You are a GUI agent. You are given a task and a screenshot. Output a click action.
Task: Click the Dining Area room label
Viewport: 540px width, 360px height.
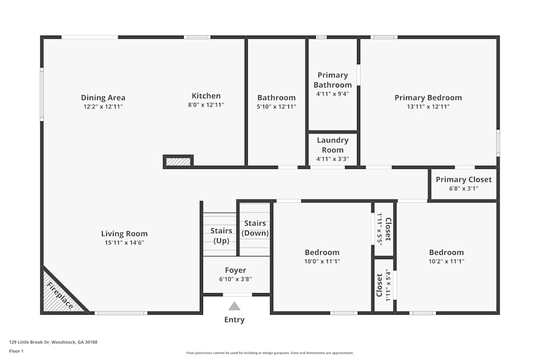click(x=103, y=98)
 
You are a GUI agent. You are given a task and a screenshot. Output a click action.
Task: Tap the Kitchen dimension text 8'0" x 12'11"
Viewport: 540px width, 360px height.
click(x=206, y=105)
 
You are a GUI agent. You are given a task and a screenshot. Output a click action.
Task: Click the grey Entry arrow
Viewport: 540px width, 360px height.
click(x=234, y=306)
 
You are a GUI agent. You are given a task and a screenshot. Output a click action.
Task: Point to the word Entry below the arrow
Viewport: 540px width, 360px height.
click(x=234, y=320)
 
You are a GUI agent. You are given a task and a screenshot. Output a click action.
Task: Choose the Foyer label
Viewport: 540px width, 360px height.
click(x=235, y=270)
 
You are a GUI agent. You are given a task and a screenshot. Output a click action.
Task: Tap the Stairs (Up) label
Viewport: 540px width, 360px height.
click(x=221, y=235)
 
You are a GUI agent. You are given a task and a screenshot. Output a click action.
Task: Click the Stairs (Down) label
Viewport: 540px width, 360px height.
click(x=255, y=228)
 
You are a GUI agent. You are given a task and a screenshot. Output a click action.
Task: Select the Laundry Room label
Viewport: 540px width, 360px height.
click(x=333, y=145)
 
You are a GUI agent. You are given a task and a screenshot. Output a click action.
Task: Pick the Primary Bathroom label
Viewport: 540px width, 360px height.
click(x=333, y=80)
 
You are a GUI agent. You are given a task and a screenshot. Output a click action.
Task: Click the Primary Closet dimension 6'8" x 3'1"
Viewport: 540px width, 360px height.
click(x=464, y=188)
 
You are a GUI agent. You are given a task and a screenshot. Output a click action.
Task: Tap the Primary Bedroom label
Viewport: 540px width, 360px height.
click(x=428, y=98)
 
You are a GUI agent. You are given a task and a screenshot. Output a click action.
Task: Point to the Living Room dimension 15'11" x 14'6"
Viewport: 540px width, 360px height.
click(x=124, y=243)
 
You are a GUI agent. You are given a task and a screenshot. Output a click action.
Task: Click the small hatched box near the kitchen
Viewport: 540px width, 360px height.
click(x=178, y=161)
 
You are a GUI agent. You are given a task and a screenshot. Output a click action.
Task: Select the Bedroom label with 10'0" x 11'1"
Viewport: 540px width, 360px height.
click(x=322, y=252)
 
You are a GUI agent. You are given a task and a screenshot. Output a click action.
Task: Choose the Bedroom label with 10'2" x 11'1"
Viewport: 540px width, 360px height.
click(x=447, y=252)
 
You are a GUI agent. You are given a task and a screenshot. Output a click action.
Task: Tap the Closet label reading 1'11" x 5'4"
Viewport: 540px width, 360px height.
click(x=383, y=285)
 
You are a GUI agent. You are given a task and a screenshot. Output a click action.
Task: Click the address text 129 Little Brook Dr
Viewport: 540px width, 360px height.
click(x=53, y=342)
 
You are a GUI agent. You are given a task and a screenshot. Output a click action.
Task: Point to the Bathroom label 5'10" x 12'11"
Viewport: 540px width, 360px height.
click(x=276, y=98)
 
